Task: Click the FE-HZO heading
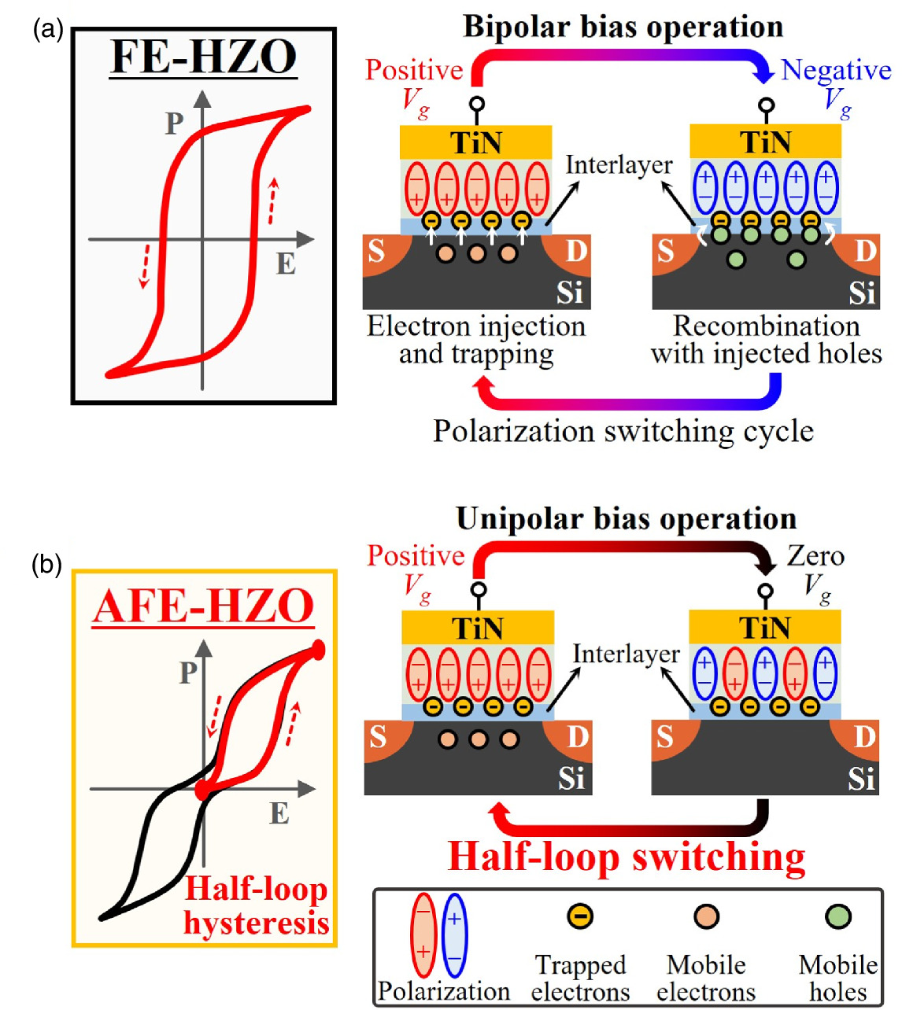pos(204,57)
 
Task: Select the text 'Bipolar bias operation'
pos(623,27)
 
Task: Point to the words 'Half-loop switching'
pos(627,857)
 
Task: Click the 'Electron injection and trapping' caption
pos(476,340)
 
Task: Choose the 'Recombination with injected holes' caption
pos(766,340)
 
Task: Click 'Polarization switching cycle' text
pos(623,431)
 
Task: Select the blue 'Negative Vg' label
pos(836,82)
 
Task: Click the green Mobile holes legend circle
pos(838,916)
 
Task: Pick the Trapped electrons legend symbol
pos(580,916)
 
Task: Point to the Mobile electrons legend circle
pos(706,916)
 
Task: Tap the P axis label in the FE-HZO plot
pos(174,123)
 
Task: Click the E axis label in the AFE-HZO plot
pos(279,813)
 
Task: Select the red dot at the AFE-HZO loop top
pos(318,649)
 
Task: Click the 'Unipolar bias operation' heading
pos(627,519)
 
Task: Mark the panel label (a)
pos(46,31)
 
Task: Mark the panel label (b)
pos(46,565)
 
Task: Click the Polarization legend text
pos(444,991)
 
